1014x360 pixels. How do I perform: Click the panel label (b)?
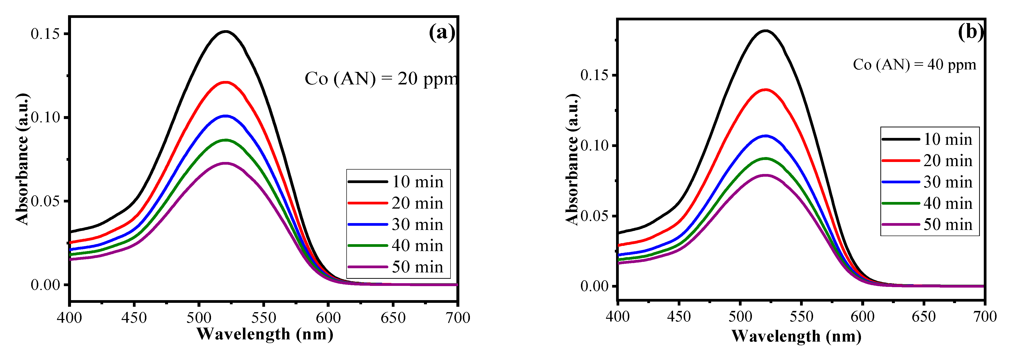point(970,31)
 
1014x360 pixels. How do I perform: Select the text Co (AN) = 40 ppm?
point(915,65)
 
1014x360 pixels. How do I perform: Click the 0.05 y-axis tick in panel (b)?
point(595,216)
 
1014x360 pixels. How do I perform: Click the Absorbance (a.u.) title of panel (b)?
point(572,159)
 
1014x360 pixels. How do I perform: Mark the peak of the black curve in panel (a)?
point(225,31)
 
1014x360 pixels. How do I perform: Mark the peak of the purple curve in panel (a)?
point(225,163)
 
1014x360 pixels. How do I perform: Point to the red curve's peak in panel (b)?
point(765,90)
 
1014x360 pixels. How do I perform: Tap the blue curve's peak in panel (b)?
point(765,136)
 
